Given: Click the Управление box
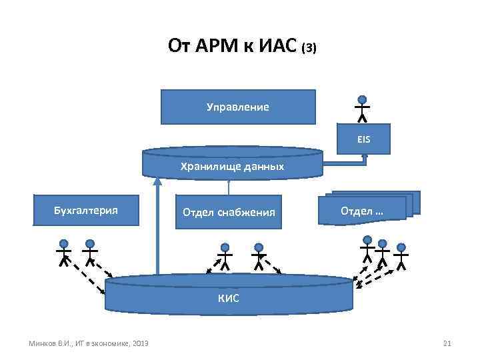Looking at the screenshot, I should (x=238, y=107).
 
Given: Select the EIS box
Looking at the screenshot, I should (x=363, y=140).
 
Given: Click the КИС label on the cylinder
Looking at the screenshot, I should (x=229, y=298).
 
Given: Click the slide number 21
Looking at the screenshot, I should (x=447, y=343).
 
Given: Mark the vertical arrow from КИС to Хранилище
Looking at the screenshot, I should (x=157, y=227).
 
